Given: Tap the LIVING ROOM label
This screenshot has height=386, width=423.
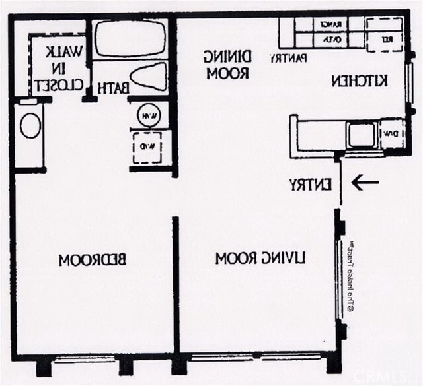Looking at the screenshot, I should pyautogui.click(x=260, y=258).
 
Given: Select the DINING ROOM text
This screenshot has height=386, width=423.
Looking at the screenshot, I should pyautogui.click(x=227, y=65).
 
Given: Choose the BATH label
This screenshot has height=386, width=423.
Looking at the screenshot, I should pyautogui.click(x=112, y=87).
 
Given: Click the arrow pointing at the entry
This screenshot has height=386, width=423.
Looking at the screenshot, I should pyautogui.click(x=365, y=182).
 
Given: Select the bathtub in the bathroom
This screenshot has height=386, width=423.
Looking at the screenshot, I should pyautogui.click(x=128, y=39).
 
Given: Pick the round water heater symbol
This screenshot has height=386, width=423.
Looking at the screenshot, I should pyautogui.click(x=149, y=115).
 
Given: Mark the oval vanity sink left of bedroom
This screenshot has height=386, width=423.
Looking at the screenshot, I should pyautogui.click(x=30, y=125).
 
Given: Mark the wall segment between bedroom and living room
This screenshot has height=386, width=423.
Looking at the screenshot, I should pyautogui.click(x=175, y=284).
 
